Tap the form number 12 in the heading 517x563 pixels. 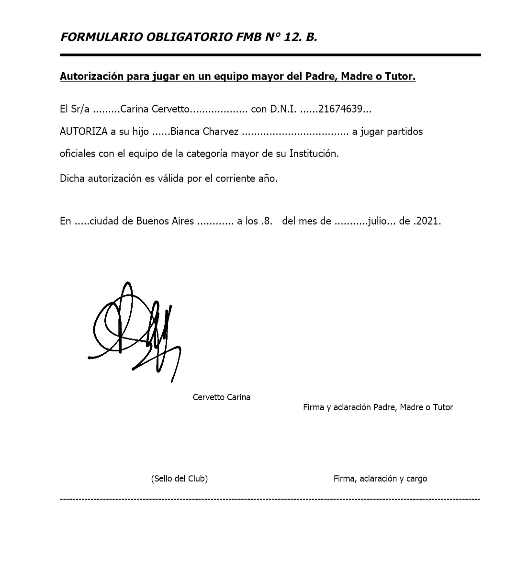tap(291, 37)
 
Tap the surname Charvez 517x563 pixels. tap(221, 132)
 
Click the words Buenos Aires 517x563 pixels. tap(165, 221)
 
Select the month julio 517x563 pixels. tap(377, 221)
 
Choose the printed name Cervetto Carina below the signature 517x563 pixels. tap(221, 397)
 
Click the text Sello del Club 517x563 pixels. tap(180, 478)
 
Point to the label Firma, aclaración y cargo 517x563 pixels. tap(380, 478)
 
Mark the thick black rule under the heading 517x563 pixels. tap(270, 55)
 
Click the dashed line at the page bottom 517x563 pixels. tap(270, 499)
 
